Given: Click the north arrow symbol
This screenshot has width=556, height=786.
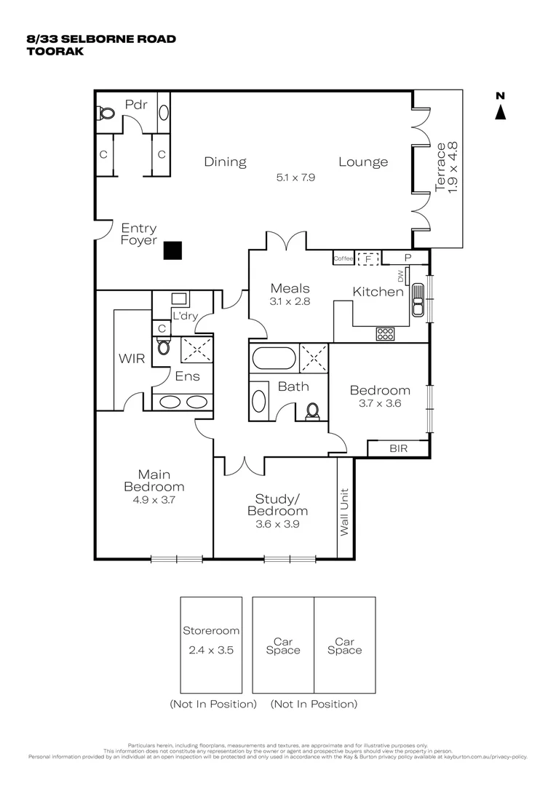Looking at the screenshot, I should [x=500, y=112].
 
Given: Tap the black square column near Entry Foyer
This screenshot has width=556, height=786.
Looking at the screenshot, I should [x=172, y=250].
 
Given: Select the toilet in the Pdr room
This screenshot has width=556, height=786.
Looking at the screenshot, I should [x=106, y=114].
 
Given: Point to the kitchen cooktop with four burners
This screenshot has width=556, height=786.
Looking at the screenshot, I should [x=385, y=334].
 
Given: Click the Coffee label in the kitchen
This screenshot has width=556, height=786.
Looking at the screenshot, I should [x=343, y=258].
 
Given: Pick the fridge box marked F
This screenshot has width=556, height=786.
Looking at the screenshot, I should [x=368, y=258].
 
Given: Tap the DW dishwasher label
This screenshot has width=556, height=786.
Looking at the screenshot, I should [x=400, y=276].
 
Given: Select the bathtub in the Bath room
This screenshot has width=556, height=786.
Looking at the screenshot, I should [x=274, y=359].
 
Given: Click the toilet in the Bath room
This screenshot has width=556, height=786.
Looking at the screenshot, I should [x=313, y=411].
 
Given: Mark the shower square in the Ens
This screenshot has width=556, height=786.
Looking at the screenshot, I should [x=196, y=349].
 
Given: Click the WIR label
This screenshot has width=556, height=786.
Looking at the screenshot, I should [x=132, y=358].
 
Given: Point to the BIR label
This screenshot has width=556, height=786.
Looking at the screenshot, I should [x=399, y=449].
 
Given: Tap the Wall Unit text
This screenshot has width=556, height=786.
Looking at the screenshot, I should [x=344, y=512].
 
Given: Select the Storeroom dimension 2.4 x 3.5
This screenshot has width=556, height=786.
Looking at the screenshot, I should [x=210, y=650].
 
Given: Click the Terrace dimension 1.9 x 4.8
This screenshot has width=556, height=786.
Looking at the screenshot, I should [x=453, y=167].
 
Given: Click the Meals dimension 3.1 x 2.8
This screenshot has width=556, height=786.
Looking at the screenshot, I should [x=290, y=301].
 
